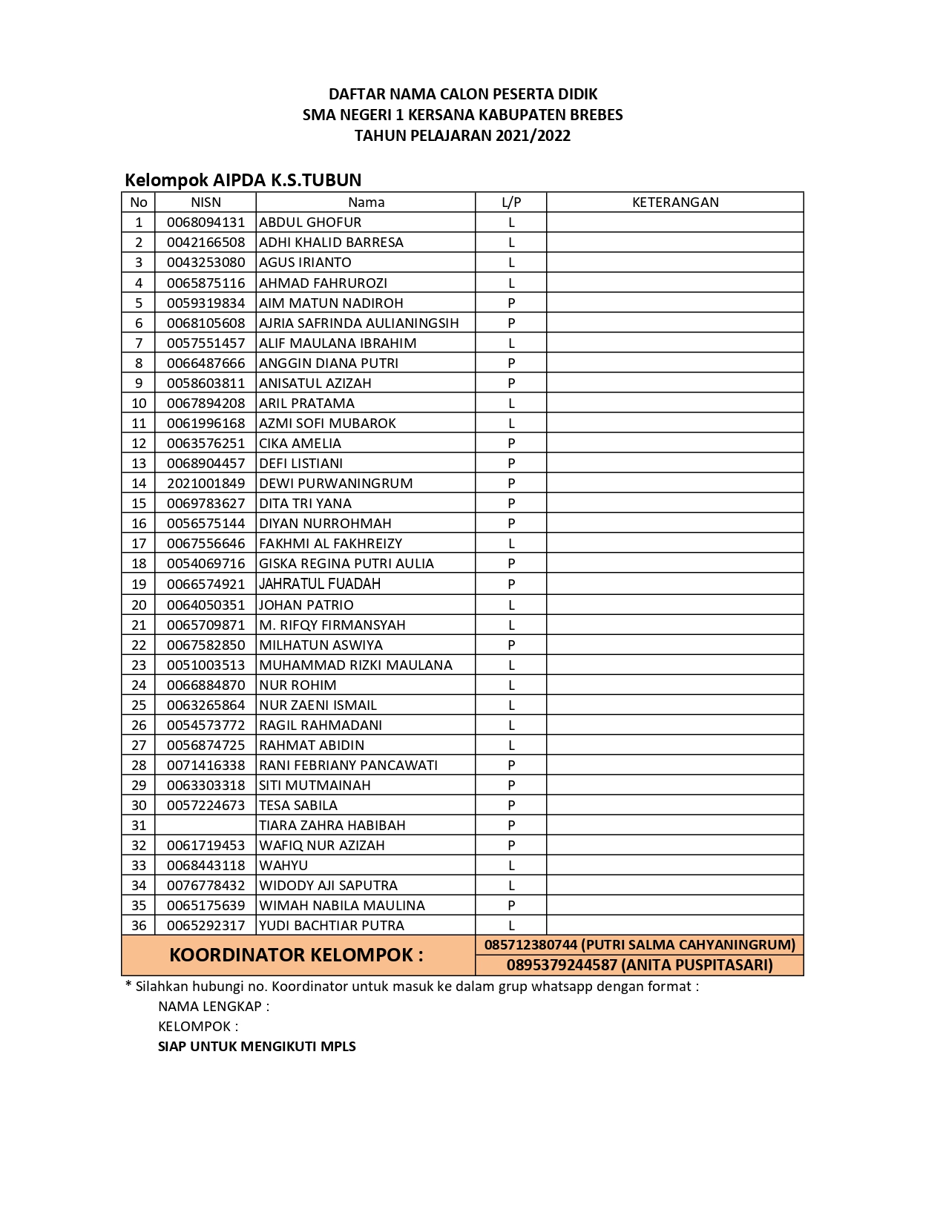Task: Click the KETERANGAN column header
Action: [674, 202]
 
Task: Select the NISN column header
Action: [206, 202]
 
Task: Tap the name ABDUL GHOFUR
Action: [310, 222]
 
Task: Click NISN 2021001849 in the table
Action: [206, 483]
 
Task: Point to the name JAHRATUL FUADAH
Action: [319, 584]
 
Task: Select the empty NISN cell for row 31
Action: [206, 825]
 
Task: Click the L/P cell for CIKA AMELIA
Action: [511, 443]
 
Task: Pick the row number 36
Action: [139, 925]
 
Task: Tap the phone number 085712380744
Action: [531, 944]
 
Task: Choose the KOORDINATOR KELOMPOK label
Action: [296, 955]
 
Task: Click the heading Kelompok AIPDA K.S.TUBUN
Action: [243, 180]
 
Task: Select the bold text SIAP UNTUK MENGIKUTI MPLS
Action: [257, 1046]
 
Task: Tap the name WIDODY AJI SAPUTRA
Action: [328, 885]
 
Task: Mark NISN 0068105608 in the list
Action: [206, 323]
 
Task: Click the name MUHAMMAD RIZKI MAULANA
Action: [355, 665]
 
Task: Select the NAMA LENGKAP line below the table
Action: [213, 1006]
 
